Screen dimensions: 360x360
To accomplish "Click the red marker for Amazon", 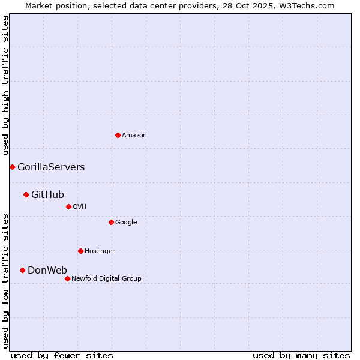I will (118, 135).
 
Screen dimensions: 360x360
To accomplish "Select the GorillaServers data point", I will (12, 167).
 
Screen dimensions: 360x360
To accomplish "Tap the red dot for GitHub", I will (26, 194).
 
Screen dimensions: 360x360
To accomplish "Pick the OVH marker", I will (68, 206).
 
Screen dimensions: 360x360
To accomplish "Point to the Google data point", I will (111, 222).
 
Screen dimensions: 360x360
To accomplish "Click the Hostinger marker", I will (80, 251).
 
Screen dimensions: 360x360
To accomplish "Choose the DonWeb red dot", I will (22, 270).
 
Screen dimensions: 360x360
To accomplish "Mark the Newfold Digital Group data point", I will (67, 278).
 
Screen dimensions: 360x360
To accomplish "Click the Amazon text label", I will (134, 136).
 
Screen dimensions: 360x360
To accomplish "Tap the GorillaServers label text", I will (51, 167).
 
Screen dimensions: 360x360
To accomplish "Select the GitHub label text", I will (47, 194).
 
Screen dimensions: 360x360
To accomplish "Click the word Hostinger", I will (100, 251).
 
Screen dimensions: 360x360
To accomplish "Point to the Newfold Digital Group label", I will (106, 278).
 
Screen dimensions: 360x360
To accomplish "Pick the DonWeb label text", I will (47, 270).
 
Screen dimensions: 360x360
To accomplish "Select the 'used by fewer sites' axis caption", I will (62, 355).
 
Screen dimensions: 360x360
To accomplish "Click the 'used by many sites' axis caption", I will (301, 355).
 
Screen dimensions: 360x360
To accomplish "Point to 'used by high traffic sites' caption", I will (5, 86).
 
